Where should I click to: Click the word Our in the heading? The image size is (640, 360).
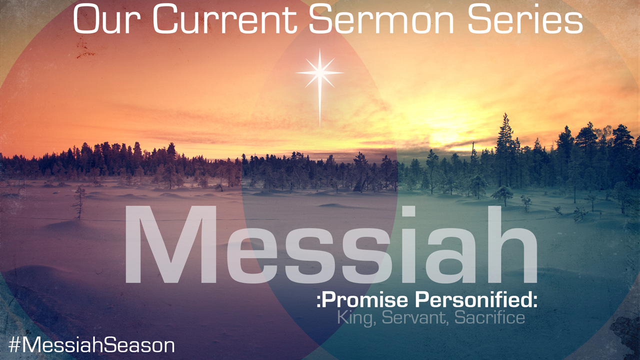point(107,19)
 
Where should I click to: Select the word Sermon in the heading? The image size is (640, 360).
point(381,19)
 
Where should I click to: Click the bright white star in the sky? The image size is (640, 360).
point(319,73)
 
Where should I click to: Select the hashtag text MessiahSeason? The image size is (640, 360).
point(98,345)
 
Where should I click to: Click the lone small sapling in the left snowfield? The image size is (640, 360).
point(79,202)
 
